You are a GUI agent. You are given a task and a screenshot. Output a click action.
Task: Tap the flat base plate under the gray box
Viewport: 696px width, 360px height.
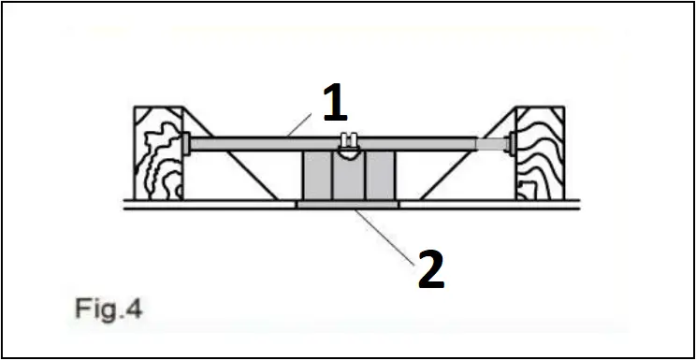tap(347, 203)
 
